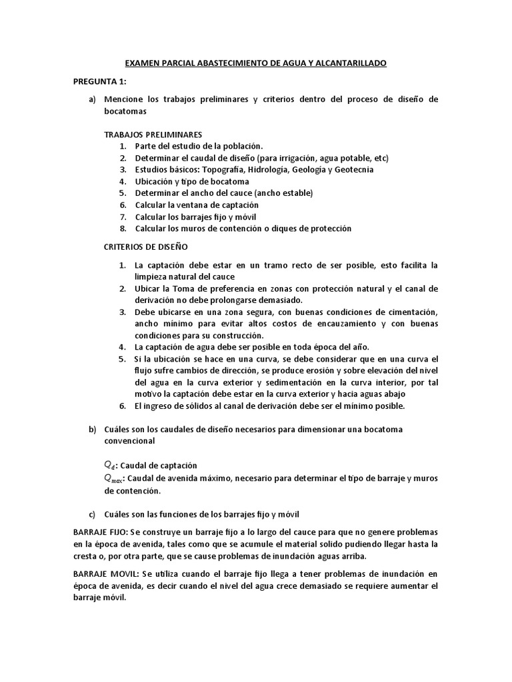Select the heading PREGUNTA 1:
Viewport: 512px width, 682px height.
pos(99,81)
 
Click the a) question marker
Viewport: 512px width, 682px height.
pos(93,99)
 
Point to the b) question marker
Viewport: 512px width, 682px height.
pos(93,429)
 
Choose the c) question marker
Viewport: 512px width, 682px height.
pos(93,515)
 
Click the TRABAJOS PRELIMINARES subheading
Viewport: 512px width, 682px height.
pos(153,135)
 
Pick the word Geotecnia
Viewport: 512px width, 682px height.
pos(351,170)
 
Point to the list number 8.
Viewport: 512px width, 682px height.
pos(123,228)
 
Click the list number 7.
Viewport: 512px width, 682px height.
pos(123,217)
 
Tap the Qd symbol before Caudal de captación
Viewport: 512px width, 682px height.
pos(109,465)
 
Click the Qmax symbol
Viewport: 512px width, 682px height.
pos(113,478)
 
